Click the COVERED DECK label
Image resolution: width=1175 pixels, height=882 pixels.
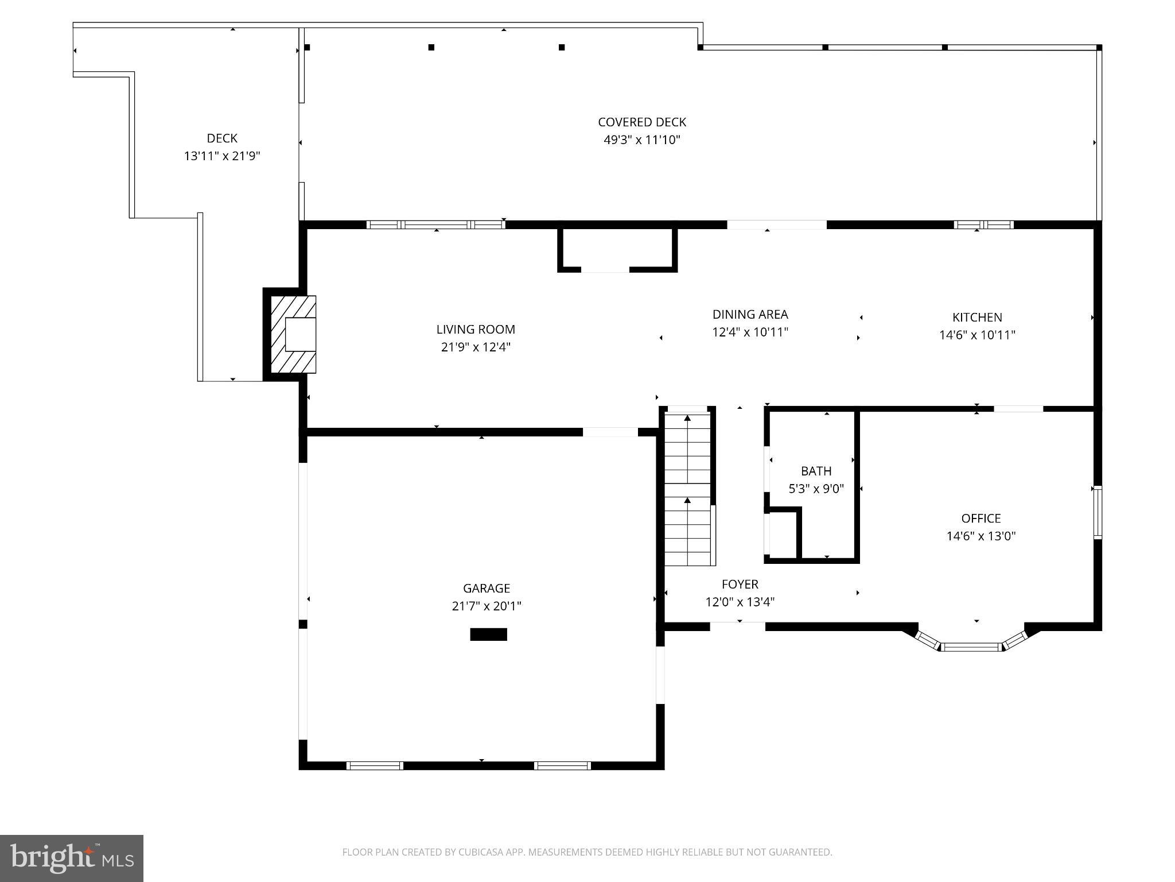click(x=641, y=122)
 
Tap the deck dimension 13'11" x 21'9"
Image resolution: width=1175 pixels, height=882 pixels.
click(x=222, y=156)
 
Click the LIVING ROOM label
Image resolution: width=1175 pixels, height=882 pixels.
click(x=476, y=330)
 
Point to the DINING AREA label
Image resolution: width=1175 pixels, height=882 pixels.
click(x=750, y=315)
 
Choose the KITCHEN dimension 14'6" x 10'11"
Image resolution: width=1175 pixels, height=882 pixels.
click(x=977, y=335)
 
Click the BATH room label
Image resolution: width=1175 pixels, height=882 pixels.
click(x=816, y=471)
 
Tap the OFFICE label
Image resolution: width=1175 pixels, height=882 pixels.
click(x=981, y=519)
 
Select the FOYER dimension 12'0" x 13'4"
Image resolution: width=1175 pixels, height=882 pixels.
click(x=740, y=602)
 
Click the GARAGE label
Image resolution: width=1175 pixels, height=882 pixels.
click(x=487, y=589)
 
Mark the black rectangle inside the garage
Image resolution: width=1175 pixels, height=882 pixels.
click(x=488, y=635)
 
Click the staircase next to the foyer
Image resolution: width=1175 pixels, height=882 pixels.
click(x=687, y=488)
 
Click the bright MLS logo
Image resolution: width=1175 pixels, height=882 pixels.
click(x=72, y=858)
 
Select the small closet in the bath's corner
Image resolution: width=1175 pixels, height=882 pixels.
click(x=783, y=535)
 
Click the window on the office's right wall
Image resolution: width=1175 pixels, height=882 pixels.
click(x=1097, y=512)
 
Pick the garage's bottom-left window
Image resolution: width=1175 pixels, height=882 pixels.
click(x=375, y=765)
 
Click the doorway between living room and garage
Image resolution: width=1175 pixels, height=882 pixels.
click(x=610, y=432)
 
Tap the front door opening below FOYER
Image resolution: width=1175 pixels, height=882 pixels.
click(x=737, y=626)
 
